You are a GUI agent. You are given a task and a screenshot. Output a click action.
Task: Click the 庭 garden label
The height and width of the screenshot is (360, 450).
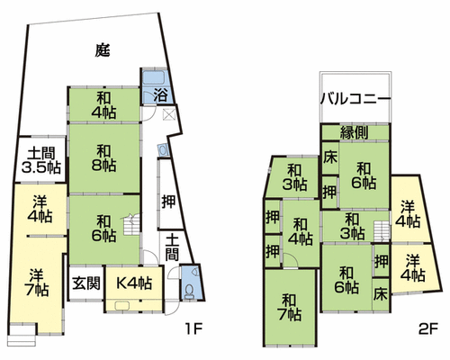103,50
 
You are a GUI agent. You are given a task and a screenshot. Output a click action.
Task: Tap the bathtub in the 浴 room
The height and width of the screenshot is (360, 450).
153,77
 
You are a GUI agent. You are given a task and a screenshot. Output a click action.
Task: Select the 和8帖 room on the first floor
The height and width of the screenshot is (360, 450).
104,158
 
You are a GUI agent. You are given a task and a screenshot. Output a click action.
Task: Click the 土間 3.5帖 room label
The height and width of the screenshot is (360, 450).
41,160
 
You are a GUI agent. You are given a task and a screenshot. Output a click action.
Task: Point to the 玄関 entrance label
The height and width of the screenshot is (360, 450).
86,283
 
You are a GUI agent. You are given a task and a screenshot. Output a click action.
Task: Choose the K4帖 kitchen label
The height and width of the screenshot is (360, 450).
134,283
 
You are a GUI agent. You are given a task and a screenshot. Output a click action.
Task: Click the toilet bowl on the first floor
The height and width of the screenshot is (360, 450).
189,291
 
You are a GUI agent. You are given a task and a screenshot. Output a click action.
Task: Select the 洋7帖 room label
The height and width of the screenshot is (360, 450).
37,283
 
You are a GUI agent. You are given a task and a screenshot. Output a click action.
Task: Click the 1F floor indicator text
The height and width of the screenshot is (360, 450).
194,329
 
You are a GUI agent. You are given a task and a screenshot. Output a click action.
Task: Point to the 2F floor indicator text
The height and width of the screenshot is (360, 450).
427,329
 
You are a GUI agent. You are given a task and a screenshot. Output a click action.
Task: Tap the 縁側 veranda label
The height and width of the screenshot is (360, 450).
354,132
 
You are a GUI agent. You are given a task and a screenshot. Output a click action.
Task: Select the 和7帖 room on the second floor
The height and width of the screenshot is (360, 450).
290,308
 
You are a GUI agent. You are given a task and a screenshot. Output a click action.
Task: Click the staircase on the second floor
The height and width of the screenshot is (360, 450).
381,230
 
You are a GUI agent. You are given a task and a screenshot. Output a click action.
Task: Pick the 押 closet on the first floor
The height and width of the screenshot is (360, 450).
168,201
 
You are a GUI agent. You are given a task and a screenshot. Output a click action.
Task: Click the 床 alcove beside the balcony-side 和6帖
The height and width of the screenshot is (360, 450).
330,157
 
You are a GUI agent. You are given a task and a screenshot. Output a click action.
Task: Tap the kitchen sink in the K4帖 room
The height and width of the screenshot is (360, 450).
122,305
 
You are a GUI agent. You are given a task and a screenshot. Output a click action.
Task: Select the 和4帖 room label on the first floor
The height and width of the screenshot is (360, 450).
103,105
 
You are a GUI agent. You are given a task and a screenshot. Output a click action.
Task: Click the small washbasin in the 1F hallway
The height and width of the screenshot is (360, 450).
163,150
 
